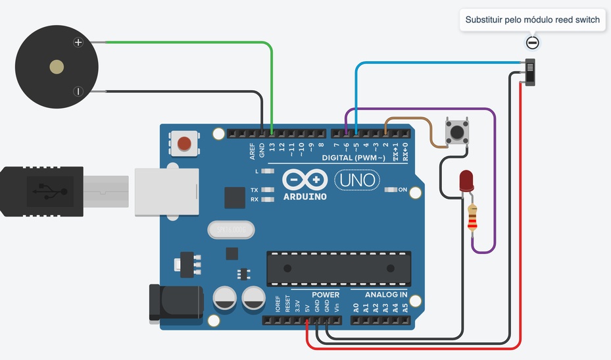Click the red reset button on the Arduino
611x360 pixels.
(185, 143)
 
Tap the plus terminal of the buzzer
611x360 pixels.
(78, 43)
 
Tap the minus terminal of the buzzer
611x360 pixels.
(78, 91)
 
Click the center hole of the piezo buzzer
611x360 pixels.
(57, 66)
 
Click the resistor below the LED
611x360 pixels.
(472, 218)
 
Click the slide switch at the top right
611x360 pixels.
(531, 72)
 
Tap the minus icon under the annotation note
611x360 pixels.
(533, 43)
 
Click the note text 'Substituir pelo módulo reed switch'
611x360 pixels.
(532, 20)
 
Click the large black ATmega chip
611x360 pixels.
(339, 268)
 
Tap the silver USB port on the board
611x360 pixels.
(166, 192)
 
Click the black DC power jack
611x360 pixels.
(174, 302)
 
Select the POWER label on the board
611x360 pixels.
(326, 294)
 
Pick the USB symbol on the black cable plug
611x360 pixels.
(46, 192)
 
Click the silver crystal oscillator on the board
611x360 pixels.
(231, 230)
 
